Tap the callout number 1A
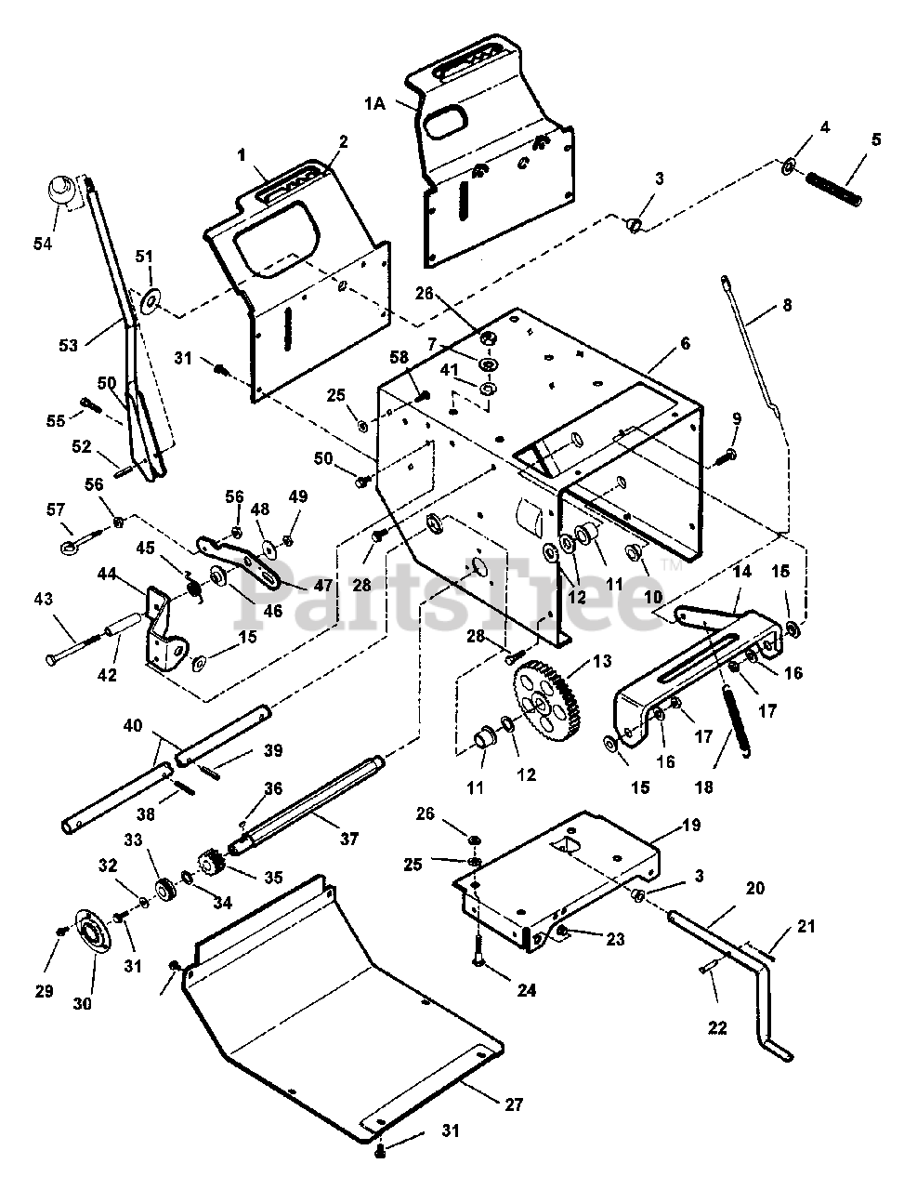point(375,103)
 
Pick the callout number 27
point(515,1104)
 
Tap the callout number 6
point(685,344)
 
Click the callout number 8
point(787,305)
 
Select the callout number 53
point(69,346)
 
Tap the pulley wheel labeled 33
point(164,889)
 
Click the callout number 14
point(742,571)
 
